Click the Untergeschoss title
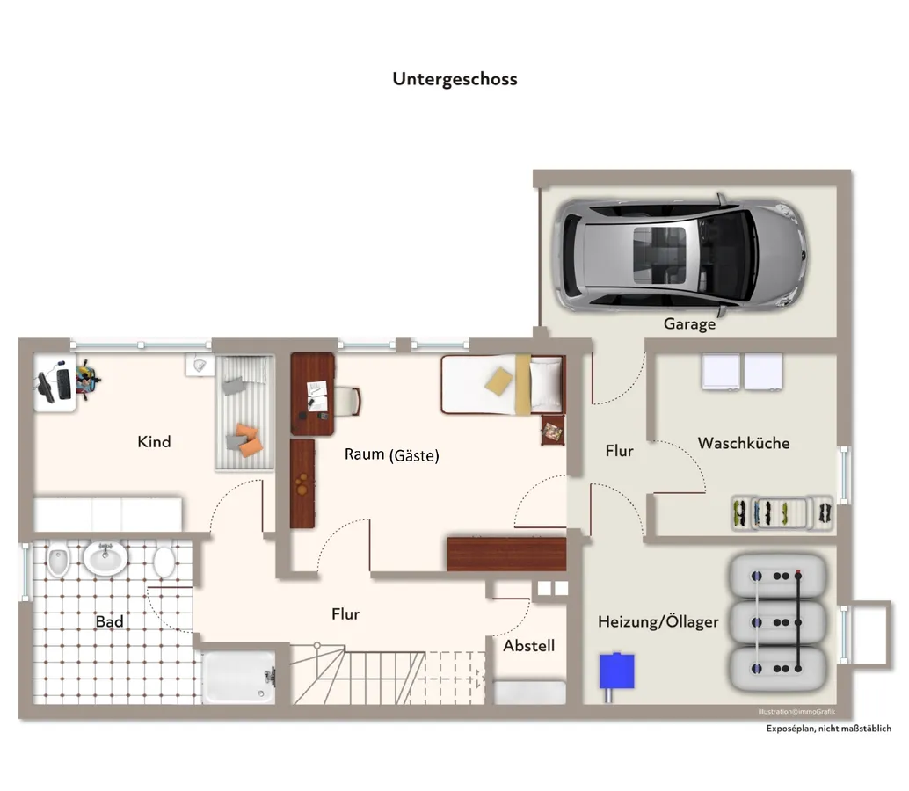[454, 79]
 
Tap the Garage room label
[689, 324]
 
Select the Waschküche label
[744, 443]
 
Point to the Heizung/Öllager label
[658, 621]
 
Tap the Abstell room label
[529, 646]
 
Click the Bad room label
[109, 621]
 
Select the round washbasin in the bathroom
[105, 558]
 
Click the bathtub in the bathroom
[240, 677]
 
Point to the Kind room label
[154, 441]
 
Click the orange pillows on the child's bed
[245, 438]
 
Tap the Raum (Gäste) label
[391, 455]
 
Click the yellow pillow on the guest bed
[498, 381]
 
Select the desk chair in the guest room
[348, 400]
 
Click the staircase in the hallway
[387, 675]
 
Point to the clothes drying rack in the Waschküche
[782, 513]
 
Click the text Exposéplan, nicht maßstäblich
[828, 729]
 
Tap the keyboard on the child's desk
[63, 383]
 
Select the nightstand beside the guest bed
[552, 432]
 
